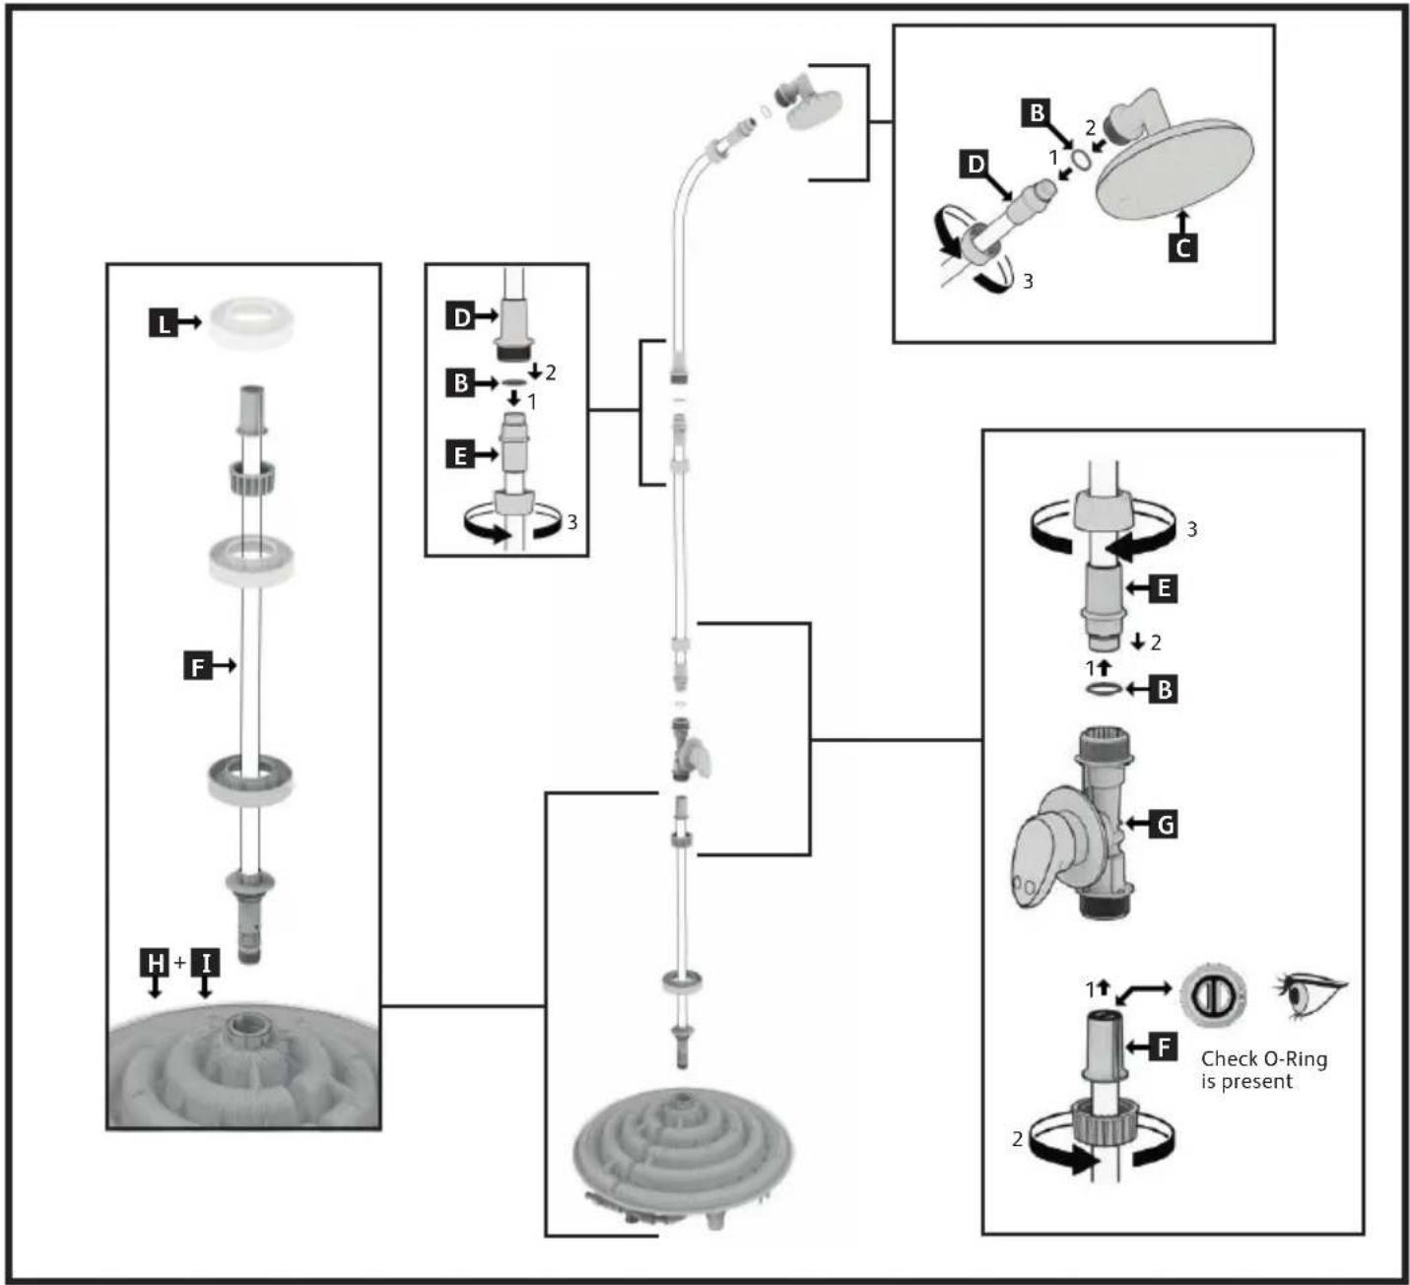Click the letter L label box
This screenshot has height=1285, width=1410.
pos(163,323)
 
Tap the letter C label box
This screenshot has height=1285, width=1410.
pos(1183,248)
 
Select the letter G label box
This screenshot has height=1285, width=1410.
pos(1164,824)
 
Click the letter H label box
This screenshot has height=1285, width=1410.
pos(155,963)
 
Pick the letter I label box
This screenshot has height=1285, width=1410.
pos(205,963)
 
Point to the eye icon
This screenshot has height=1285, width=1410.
pos(1309,993)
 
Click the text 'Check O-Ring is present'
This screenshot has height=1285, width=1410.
pos(1264,1069)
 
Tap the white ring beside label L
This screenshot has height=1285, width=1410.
pos(251,322)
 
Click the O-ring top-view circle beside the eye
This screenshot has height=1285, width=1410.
pos(1213,994)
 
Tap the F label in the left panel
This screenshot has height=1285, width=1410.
pos(197,666)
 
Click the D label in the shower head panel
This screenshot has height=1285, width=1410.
pos(975,164)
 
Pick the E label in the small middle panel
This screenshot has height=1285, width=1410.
pos(460,455)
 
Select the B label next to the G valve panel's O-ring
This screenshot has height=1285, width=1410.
pos(1164,690)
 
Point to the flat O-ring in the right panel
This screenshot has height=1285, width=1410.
pos(1104,689)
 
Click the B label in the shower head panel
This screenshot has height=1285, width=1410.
pos(1037,112)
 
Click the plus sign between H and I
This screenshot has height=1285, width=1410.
pos(180,963)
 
